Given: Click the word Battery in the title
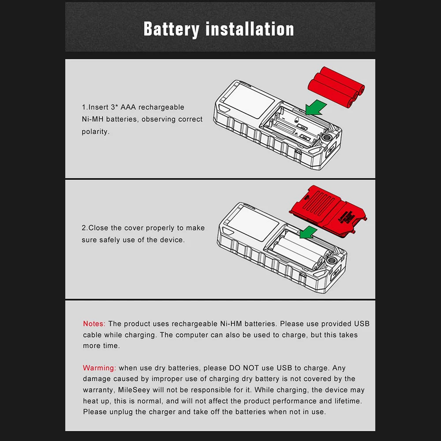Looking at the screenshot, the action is coord(172,30).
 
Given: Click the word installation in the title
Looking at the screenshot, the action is coord(250,29).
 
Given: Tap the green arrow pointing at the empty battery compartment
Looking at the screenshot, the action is coord(316,108).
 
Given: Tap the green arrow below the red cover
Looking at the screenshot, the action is coord(308,232).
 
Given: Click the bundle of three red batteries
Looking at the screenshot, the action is coord(336,87).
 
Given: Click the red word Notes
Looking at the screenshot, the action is coord(94,324).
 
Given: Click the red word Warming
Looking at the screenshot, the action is coord(99,368).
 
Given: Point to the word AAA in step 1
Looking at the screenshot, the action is coord(128,107).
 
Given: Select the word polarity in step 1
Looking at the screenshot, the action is coord(95,131).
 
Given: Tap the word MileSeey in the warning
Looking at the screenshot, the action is coord(134,390).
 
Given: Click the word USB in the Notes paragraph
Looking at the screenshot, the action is coord(362,324).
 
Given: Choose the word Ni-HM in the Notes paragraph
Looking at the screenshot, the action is coord(231,324).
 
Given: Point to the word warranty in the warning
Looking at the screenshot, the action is coord(98,390).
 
